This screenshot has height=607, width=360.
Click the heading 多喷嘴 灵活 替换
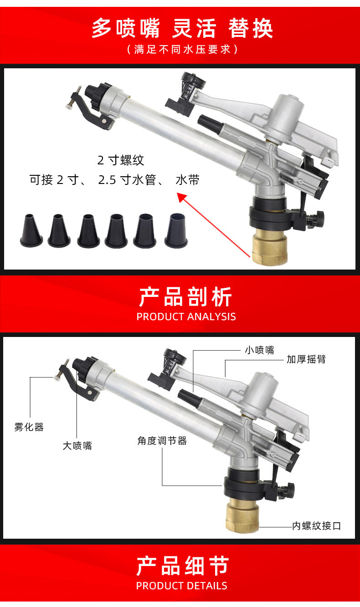tap(182, 28)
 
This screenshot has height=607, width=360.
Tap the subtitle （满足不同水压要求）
tap(182, 49)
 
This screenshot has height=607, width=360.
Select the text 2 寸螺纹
tap(121, 160)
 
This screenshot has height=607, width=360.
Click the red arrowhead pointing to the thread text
tap(182, 197)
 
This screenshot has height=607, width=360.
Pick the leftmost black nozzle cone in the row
tap(31, 230)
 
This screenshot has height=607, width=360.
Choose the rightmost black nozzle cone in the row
tap(176, 230)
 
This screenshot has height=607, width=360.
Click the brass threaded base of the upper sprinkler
tap(269, 249)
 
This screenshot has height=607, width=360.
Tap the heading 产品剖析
tap(185, 297)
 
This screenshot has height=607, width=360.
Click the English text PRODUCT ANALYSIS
tap(186, 317)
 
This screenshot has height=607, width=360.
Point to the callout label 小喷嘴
tap(259, 350)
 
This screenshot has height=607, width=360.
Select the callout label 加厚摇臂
tap(306, 359)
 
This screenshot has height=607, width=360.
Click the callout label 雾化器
tap(29, 427)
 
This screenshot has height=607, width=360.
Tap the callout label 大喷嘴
tap(77, 446)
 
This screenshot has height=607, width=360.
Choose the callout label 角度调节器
tap(162, 441)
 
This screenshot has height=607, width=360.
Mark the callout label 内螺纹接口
tap(316, 526)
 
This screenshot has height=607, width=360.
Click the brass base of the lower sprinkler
tap(242, 516)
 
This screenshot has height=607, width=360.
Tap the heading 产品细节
tap(182, 566)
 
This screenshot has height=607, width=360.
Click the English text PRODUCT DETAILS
tap(182, 586)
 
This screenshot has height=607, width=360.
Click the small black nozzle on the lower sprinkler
tap(189, 398)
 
